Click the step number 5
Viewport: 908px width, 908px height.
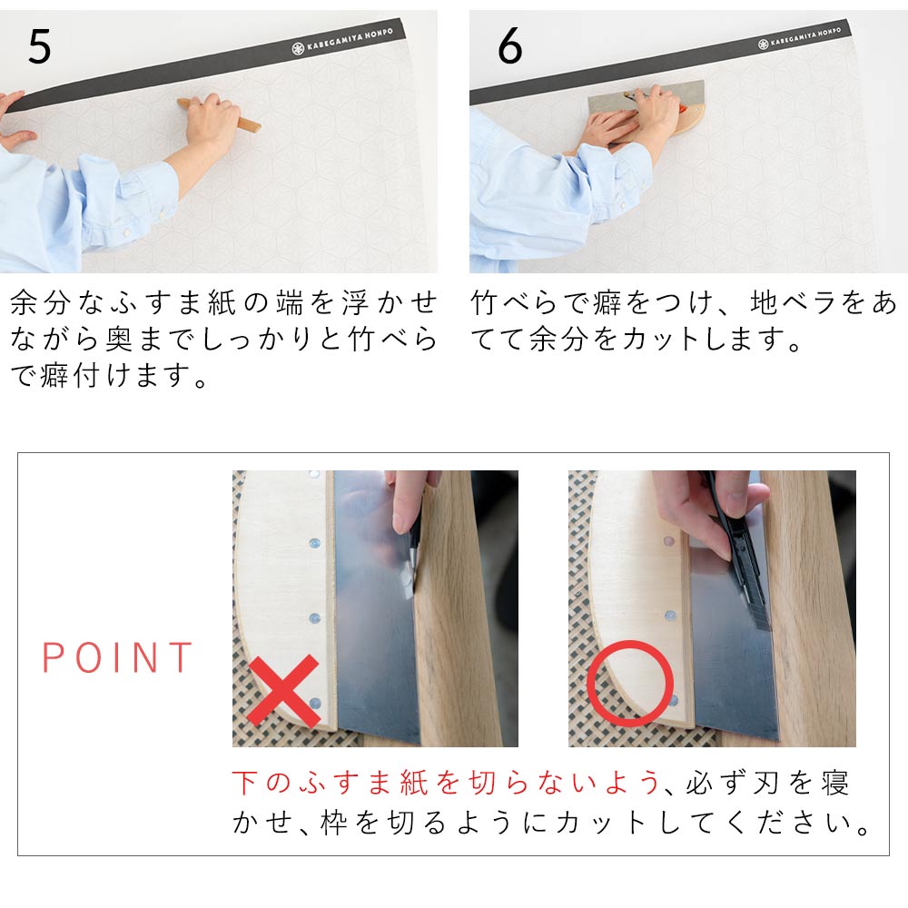(x=39, y=46)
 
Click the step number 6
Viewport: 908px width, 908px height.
(x=509, y=46)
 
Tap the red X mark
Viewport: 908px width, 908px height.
(x=283, y=691)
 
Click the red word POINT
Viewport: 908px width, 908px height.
(x=117, y=657)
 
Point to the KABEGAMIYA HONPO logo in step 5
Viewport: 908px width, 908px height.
(x=342, y=40)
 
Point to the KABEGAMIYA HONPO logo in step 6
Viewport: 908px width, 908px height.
(x=799, y=36)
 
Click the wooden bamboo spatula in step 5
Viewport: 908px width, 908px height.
(x=220, y=115)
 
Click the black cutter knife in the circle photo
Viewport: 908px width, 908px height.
(x=738, y=556)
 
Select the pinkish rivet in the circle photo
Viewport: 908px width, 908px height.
(x=669, y=541)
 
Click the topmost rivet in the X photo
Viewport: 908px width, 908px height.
(x=314, y=475)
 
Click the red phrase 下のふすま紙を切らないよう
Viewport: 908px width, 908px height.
(x=447, y=783)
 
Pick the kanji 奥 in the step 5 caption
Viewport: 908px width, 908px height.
(x=119, y=340)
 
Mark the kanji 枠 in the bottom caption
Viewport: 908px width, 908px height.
(x=335, y=823)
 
